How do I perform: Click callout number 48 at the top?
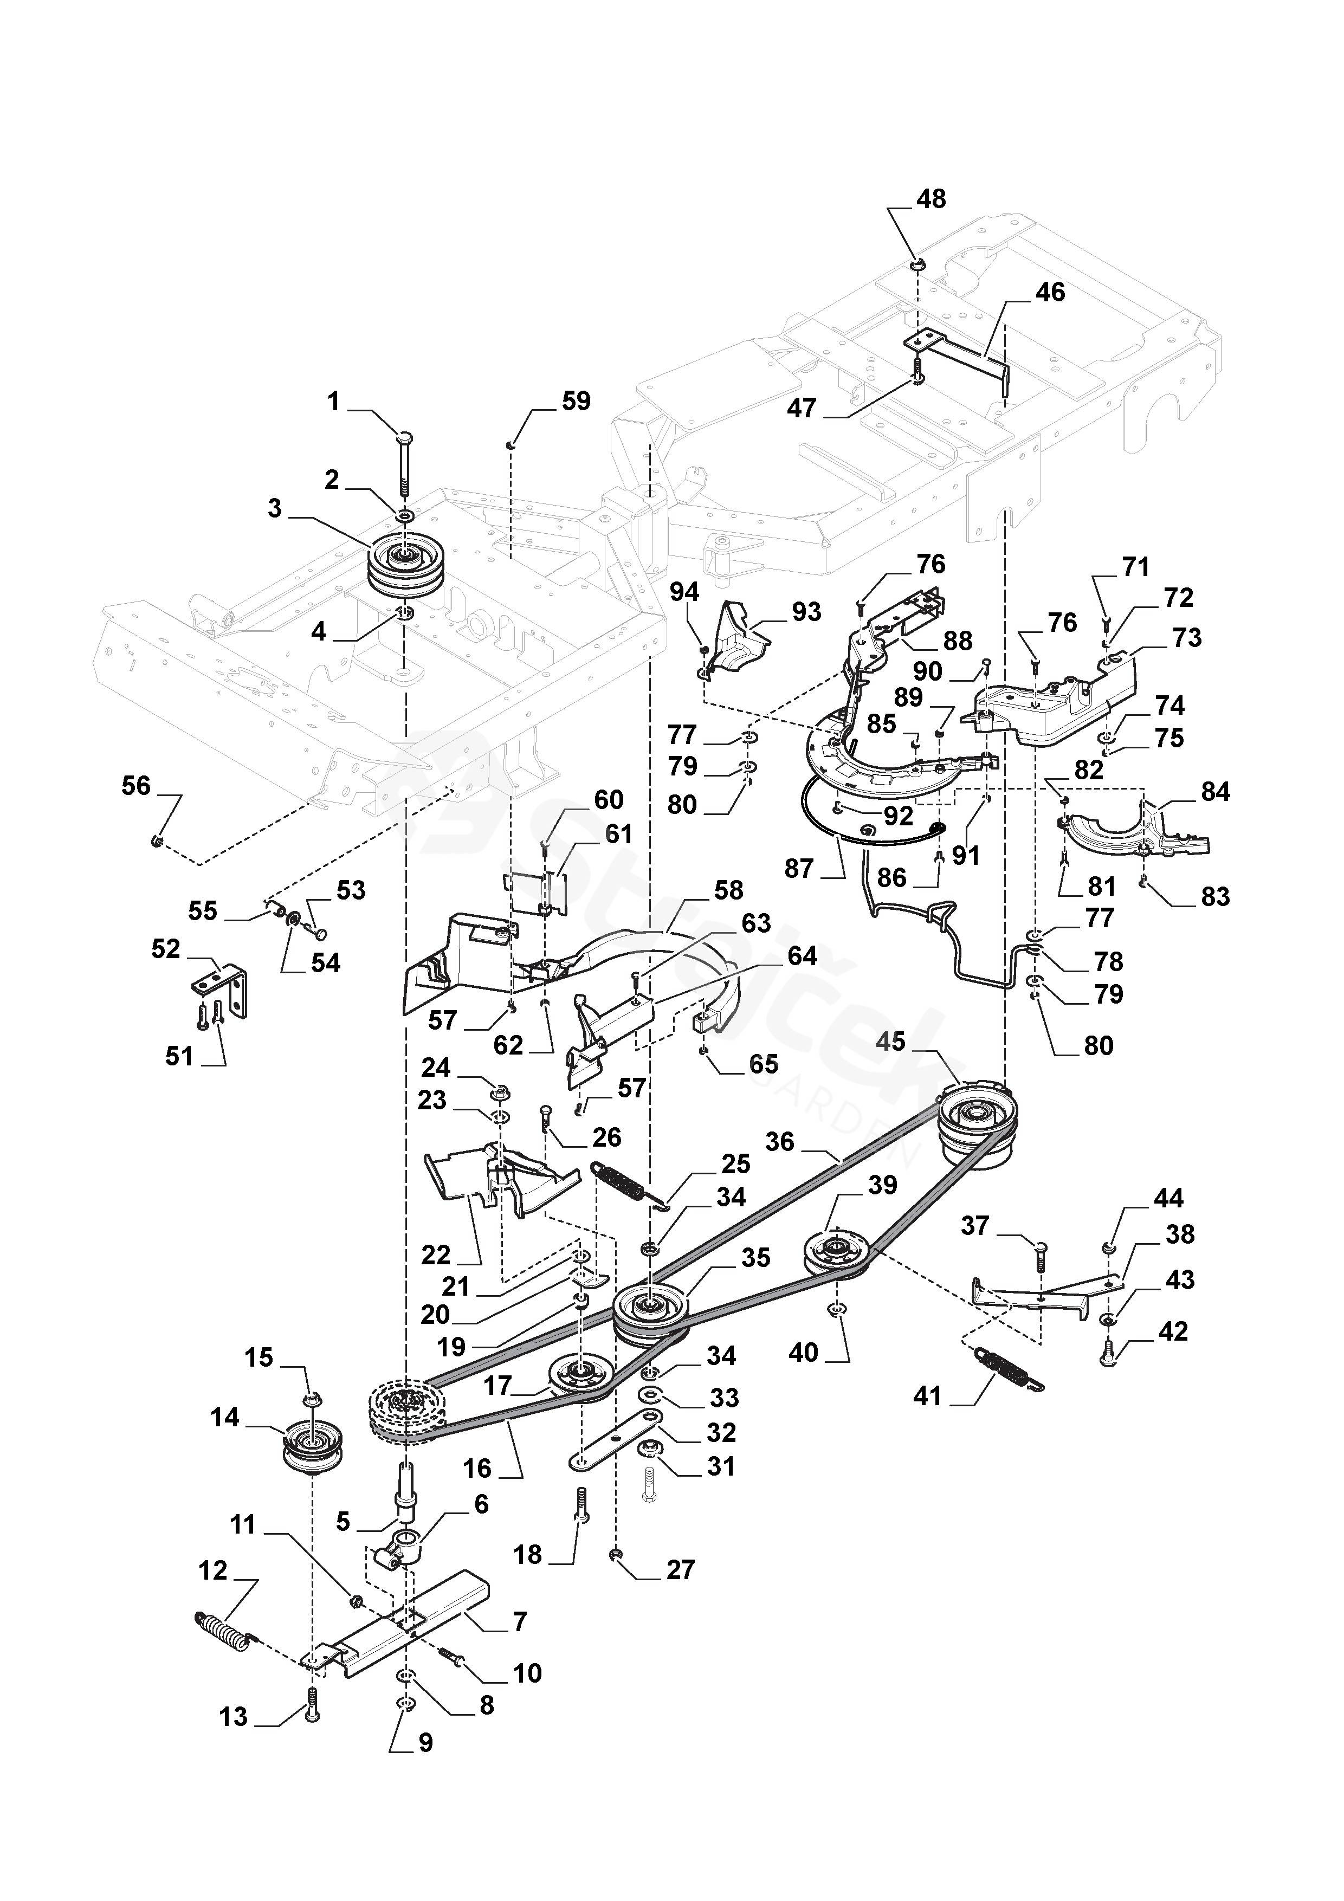click(x=932, y=199)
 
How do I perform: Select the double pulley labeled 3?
click(x=403, y=566)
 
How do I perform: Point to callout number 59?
click(x=577, y=402)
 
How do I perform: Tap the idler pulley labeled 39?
click(x=836, y=1259)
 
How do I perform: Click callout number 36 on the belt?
click(x=780, y=1142)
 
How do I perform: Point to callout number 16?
click(x=477, y=1469)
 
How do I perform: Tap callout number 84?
click(x=1215, y=792)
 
